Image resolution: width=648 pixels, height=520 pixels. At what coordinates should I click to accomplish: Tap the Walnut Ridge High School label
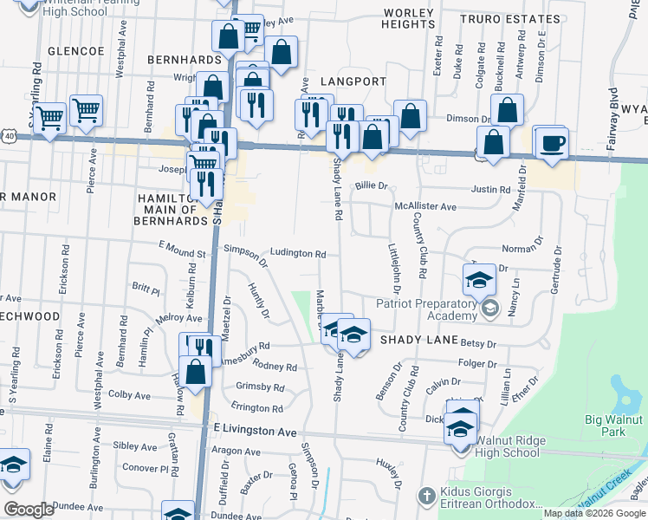(509, 446)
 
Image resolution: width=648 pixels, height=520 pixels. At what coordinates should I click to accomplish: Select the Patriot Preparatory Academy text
(428, 309)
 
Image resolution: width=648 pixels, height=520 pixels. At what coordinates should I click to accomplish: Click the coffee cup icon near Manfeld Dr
(551, 144)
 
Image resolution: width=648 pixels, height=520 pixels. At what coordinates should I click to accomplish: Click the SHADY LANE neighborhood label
(414, 341)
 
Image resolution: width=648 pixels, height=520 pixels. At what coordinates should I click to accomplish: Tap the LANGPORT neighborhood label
(353, 81)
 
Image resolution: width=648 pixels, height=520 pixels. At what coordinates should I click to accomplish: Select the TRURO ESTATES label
(500, 18)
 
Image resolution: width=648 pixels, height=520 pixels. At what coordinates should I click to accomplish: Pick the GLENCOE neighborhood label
(76, 51)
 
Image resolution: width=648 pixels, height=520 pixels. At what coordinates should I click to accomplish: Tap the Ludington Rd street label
(297, 254)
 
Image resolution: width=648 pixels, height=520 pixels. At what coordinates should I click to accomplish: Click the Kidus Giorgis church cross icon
(425, 496)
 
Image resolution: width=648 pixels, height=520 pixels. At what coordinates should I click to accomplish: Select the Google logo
(29, 509)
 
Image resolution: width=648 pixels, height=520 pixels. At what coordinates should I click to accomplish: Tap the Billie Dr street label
(371, 185)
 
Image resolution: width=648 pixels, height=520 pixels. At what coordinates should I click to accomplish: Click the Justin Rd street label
(491, 189)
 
